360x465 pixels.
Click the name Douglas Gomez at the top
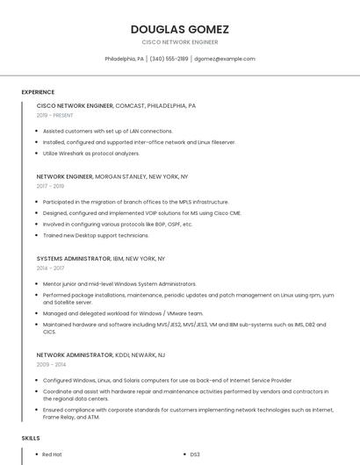(179, 29)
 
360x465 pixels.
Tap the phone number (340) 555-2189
(169, 59)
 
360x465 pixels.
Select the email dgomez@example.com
(225, 59)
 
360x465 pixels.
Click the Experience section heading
(38, 92)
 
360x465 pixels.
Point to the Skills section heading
(31, 437)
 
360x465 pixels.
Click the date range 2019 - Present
(55, 115)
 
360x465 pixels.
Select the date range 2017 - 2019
(50, 186)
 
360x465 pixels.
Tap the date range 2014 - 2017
(50, 268)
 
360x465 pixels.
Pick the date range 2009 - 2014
(51, 364)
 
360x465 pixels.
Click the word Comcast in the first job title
(130, 105)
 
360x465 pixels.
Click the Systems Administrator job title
(74, 259)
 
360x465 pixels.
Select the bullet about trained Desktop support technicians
(97, 235)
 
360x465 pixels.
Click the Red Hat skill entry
(52, 454)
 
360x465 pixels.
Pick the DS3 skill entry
(196, 454)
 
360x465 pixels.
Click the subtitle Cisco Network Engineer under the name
(179, 41)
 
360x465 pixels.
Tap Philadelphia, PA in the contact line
(124, 59)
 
